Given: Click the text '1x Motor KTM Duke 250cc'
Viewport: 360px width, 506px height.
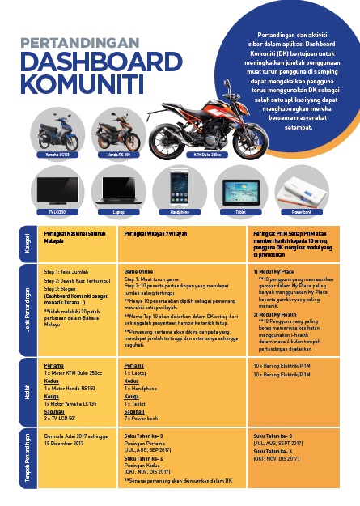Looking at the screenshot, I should [73, 372].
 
